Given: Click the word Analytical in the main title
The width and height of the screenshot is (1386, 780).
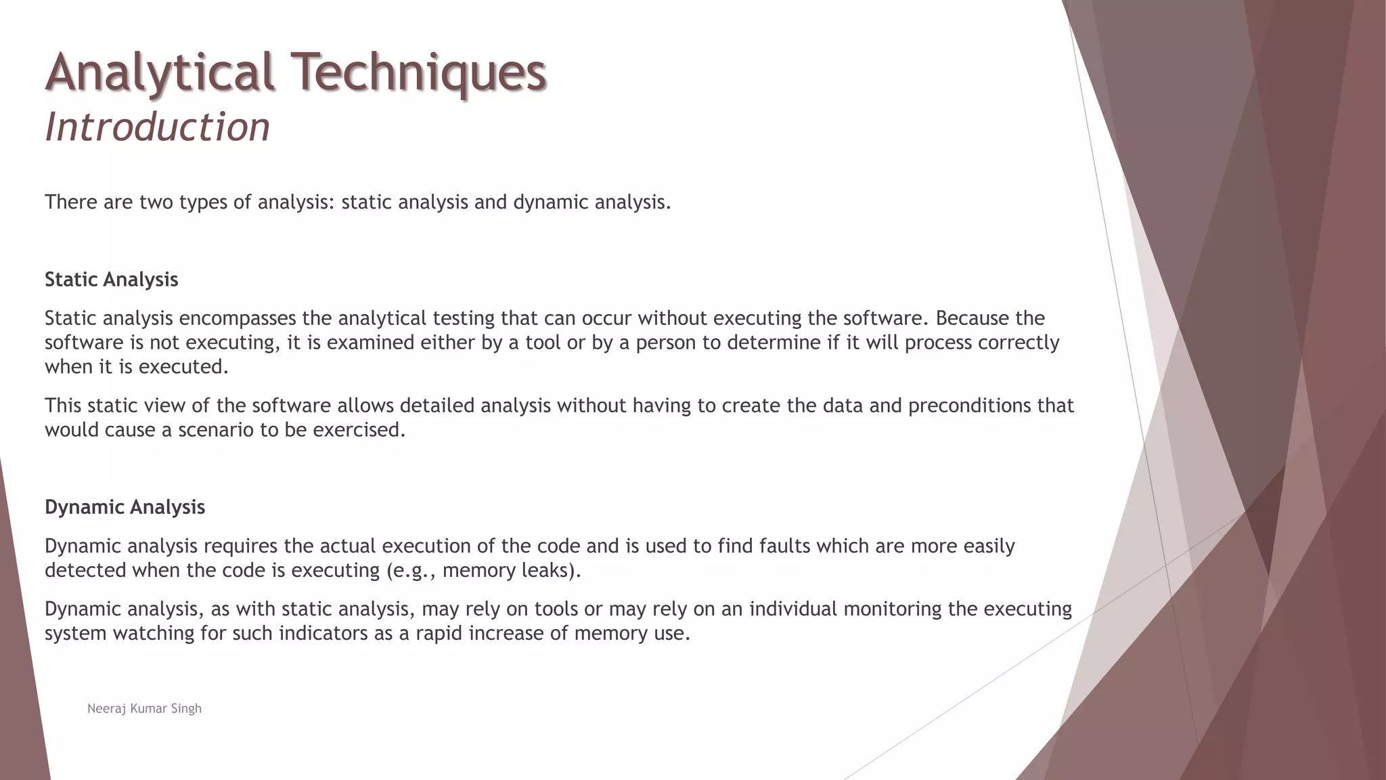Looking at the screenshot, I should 160,72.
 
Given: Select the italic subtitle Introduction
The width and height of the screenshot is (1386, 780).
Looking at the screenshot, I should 157,127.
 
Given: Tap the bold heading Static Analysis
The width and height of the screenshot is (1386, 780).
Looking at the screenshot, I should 112,280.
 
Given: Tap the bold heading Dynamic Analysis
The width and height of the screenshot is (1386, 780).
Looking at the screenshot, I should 125,507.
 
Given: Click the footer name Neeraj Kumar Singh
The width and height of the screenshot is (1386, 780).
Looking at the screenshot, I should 144,708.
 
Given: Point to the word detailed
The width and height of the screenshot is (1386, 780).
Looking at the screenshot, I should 437,406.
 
